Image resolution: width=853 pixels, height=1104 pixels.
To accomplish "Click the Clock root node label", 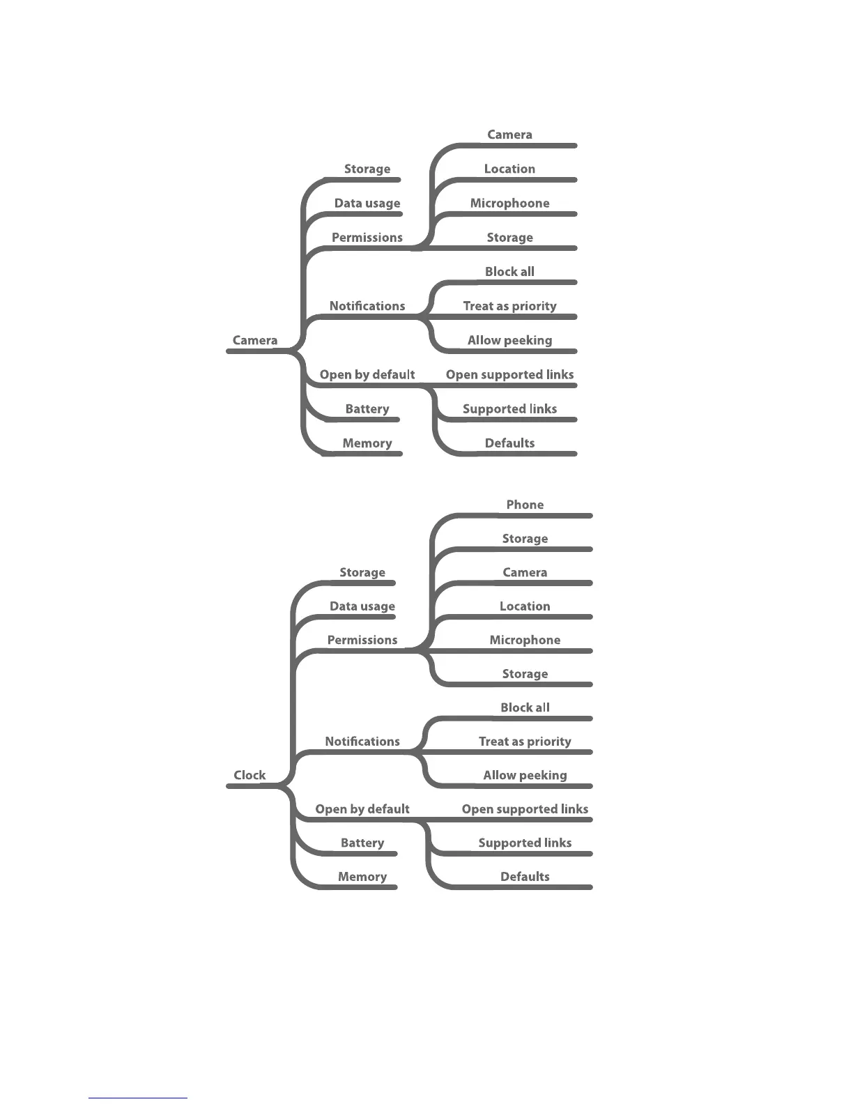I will [249, 775].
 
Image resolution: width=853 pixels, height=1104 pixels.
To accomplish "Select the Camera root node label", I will [255, 340].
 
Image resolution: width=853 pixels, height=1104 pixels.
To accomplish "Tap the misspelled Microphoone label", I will [509, 203].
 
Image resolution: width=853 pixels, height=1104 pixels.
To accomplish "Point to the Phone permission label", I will [525, 505].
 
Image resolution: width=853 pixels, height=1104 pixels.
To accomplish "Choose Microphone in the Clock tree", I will [525, 640].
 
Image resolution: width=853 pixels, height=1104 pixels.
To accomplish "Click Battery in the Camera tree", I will [367, 409].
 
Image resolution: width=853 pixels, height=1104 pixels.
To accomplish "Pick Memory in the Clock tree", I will [362, 877].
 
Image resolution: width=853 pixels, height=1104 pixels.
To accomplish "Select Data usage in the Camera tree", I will [367, 203].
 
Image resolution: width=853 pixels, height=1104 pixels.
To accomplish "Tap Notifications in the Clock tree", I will [362, 742].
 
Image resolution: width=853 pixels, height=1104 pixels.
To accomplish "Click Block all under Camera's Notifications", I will [509, 272].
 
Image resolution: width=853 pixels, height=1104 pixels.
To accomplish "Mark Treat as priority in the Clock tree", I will [525, 742].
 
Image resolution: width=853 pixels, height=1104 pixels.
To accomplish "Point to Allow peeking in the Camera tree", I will [509, 340].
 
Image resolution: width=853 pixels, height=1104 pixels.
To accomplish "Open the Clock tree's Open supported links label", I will [525, 809].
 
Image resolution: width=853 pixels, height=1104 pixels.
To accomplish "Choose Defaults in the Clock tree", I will [525, 877].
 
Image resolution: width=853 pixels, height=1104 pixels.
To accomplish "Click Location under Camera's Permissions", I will [509, 169].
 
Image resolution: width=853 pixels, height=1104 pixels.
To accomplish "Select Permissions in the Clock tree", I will [362, 640].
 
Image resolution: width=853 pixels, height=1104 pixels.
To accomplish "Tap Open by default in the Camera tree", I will [367, 374].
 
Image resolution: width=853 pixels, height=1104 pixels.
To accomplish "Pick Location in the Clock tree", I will [525, 606].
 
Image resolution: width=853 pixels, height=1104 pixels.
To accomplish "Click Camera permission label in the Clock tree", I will [525, 572].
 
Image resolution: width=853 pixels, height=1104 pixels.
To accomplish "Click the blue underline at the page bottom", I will [138, 1098].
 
